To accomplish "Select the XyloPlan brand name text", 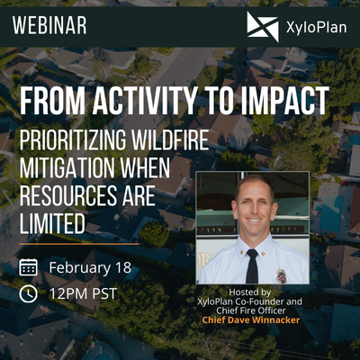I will [x=314, y=27].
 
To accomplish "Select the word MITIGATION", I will [x=68, y=168].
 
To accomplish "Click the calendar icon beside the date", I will [x=28, y=266].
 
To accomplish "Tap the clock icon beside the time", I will [x=28, y=293].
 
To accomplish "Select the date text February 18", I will [x=89, y=266].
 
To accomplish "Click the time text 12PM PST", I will [x=84, y=293].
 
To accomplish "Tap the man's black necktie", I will [x=252, y=265].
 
